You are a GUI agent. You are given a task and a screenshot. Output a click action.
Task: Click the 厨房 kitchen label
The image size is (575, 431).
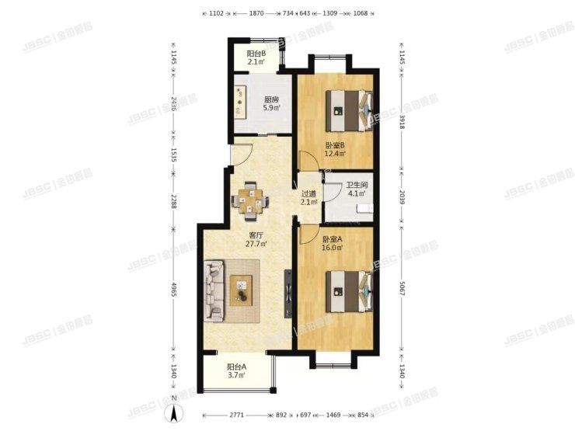click(x=270, y=104)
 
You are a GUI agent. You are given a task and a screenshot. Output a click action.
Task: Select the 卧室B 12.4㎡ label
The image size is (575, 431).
click(x=335, y=148)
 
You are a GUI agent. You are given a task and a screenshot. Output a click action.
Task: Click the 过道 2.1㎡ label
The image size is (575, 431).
click(x=308, y=198)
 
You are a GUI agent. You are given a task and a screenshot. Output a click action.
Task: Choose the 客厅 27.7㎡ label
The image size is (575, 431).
click(x=257, y=238)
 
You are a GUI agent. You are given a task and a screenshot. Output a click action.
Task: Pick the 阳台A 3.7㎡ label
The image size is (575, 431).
click(x=236, y=371)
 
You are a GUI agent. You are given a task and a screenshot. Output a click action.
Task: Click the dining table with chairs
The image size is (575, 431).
click(x=251, y=201)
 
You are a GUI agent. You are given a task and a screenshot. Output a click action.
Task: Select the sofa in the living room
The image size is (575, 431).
click(x=214, y=292)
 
